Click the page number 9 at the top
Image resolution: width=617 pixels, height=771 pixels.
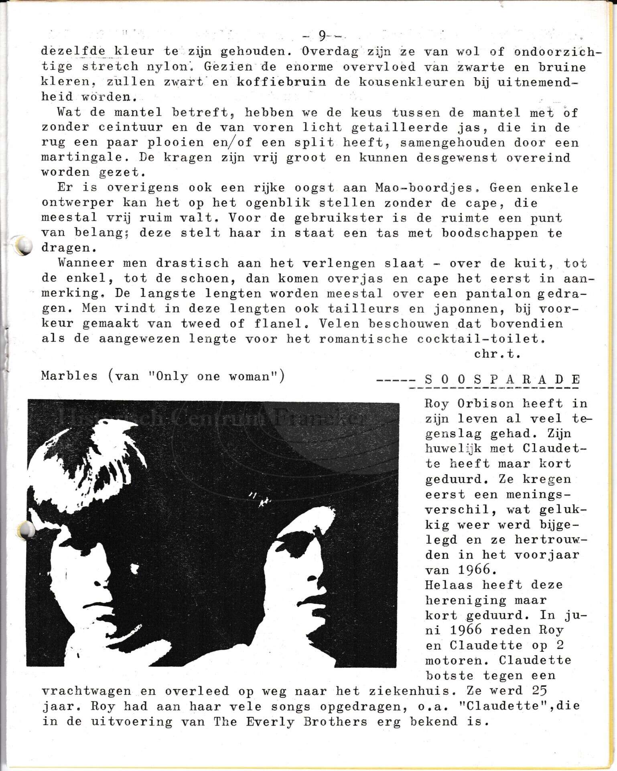pyautogui.click(x=323, y=36)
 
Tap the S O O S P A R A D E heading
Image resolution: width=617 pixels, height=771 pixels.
pyautogui.click(x=502, y=379)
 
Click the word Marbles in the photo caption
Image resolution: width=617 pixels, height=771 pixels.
pyautogui.click(x=69, y=376)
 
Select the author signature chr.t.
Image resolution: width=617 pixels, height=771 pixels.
pyautogui.click(x=497, y=354)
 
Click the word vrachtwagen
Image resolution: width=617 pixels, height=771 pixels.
pyautogui.click(x=86, y=691)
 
